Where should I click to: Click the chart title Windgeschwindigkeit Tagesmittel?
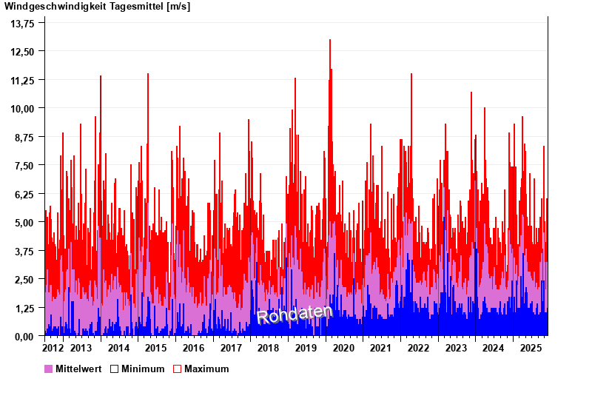(97, 7)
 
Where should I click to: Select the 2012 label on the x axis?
(53, 348)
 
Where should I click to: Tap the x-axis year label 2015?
(156, 348)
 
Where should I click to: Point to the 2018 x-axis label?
(268, 348)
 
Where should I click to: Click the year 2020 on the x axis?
(343, 348)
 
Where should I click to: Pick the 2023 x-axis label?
(456, 348)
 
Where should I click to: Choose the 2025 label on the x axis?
(531, 348)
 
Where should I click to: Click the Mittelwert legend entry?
(78, 369)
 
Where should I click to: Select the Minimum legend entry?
(143, 369)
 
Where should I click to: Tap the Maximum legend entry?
(206, 369)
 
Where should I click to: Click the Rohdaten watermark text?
(295, 314)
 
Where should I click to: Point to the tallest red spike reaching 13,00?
(330, 41)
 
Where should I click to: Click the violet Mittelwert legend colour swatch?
(49, 369)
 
